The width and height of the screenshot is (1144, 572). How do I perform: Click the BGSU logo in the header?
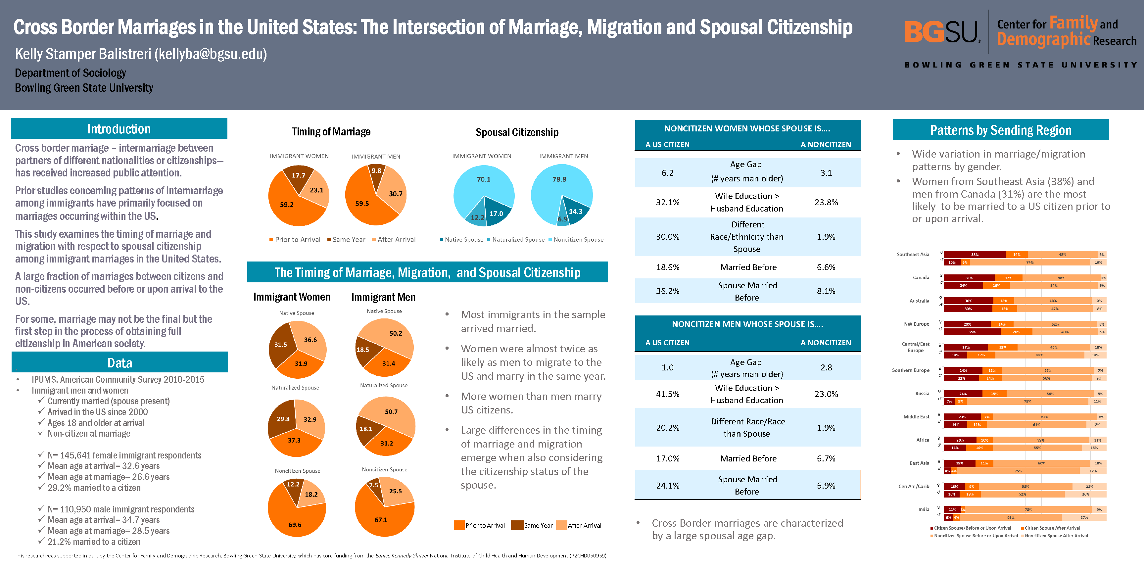coord(941,32)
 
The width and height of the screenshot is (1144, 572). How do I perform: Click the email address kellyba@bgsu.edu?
coord(211,54)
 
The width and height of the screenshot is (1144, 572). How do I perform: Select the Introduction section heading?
coord(119,129)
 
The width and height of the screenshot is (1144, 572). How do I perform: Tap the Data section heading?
coord(119,363)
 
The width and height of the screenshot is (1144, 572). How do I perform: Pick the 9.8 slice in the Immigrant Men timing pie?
coord(377,174)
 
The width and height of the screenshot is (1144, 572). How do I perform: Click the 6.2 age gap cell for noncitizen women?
coord(667,173)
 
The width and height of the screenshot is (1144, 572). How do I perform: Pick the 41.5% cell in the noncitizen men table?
coord(667,394)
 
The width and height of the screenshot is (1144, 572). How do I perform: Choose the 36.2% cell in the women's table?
coord(667,291)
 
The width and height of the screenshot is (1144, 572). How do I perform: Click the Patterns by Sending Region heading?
coord(1001,130)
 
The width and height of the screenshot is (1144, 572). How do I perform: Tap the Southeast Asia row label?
coord(913,255)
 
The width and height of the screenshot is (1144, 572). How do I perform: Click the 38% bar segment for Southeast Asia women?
coord(975,255)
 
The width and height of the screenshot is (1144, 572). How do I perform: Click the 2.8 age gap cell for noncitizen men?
coord(826,367)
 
